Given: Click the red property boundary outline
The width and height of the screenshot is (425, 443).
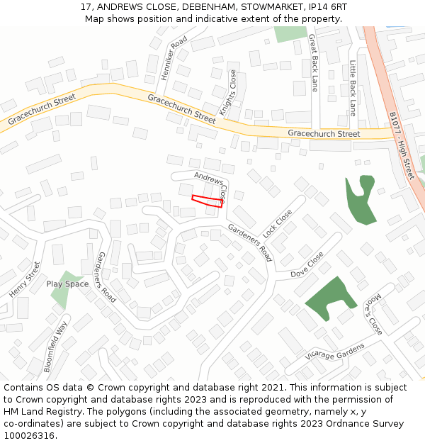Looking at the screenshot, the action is click(x=208, y=201).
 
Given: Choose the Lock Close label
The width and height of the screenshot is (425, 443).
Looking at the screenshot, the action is click(x=277, y=223).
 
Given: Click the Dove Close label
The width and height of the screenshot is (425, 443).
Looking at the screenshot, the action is click(x=307, y=264).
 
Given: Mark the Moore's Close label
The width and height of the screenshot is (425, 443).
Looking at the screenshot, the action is click(x=373, y=314).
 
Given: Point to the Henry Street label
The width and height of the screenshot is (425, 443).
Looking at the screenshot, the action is click(x=25, y=279).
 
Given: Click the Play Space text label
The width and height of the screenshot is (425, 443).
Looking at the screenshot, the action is click(x=68, y=284).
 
